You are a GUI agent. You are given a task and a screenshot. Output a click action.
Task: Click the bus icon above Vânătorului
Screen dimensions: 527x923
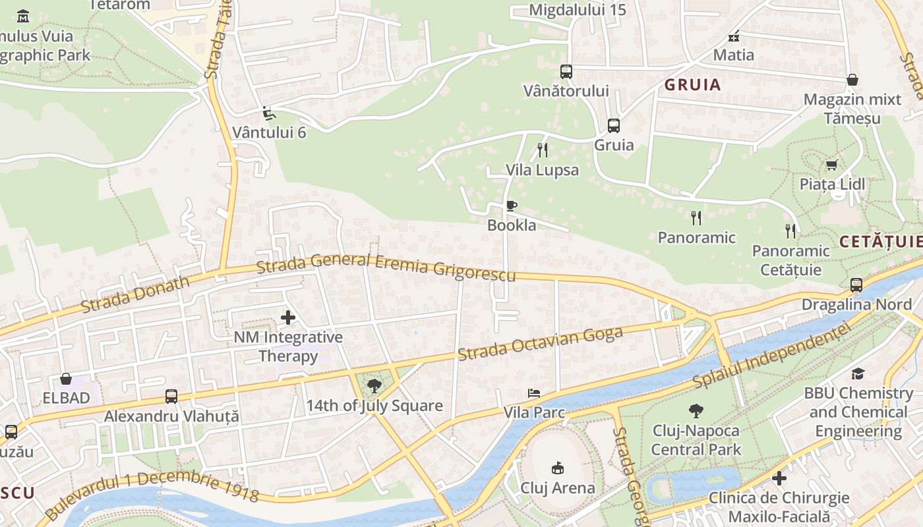566,72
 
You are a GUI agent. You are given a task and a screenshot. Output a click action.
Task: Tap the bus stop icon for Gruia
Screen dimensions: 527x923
614,125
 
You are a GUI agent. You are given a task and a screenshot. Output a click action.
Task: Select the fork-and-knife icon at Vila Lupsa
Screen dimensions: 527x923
542,150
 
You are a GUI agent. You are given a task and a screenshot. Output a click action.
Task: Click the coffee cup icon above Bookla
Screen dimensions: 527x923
511,206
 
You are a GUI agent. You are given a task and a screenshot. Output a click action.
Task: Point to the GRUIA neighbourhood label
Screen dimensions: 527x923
692,85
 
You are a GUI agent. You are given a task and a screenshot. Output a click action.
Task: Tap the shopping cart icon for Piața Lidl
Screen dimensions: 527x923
831,165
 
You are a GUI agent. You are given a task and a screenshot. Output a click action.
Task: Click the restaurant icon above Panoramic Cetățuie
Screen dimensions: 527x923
790,231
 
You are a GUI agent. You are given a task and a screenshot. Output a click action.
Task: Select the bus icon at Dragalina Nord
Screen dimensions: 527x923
856,285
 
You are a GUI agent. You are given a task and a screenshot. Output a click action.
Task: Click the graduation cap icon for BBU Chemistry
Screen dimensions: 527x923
857,374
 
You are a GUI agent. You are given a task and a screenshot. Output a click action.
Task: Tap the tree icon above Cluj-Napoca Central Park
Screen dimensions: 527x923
696,412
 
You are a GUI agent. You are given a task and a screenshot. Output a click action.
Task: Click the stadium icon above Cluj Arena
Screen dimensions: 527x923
557,468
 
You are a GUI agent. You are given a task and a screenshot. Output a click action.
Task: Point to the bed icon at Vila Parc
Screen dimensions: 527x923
534,393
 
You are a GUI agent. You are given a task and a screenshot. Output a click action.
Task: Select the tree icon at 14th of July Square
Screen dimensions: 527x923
374,386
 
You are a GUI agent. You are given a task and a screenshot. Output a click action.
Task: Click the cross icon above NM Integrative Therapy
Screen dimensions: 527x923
288,318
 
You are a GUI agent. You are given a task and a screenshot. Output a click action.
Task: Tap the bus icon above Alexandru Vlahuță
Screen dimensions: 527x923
171,397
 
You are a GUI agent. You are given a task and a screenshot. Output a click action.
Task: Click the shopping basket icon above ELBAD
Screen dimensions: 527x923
66,379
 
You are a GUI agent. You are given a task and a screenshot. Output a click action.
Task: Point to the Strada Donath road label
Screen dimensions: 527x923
135,294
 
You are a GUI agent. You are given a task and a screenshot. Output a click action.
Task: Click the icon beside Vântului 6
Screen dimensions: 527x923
268,113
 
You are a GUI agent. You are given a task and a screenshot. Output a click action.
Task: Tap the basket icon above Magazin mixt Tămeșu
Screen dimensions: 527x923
852,80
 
